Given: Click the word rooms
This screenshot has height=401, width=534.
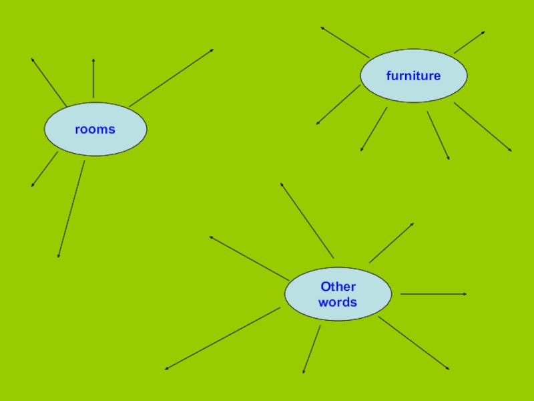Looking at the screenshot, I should point(95,129).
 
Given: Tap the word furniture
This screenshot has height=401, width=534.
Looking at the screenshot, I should point(413,76).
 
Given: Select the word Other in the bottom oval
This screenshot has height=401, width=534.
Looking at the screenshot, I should point(338,287).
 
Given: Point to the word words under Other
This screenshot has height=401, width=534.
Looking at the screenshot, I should point(338,302).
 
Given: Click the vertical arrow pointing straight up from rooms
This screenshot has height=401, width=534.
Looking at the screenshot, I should point(93,78).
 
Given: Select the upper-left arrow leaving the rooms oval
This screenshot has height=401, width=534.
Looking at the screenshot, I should point(48,82).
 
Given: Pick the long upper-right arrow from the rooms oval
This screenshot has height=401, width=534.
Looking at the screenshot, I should point(172,78).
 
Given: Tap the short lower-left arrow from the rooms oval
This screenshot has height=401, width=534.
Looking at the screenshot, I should point(45,169).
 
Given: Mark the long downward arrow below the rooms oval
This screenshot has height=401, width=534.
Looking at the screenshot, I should point(71,209).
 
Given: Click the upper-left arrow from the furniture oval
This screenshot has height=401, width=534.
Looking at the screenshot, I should point(344,42).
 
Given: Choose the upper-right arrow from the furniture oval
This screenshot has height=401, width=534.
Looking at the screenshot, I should point(469,42).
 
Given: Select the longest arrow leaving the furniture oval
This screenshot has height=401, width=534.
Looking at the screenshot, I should point(483,127).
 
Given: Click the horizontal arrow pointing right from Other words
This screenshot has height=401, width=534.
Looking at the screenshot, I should point(433,294).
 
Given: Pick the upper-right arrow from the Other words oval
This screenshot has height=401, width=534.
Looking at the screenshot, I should point(392,243).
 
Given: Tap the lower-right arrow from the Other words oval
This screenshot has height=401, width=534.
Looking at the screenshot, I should point(414,343).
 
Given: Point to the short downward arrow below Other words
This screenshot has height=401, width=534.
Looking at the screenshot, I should point(312,349).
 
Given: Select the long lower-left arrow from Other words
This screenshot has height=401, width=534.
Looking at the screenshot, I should point(222,338).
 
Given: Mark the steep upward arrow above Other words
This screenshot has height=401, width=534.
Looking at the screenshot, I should point(307,220).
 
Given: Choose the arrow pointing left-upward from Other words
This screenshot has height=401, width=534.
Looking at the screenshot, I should point(249,258).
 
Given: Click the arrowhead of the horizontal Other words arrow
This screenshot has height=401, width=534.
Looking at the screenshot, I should point(463,294).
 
